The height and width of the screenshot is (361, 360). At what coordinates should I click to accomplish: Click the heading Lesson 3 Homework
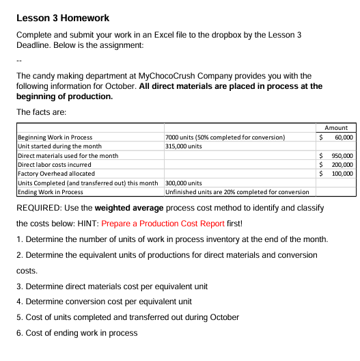click(x=62, y=18)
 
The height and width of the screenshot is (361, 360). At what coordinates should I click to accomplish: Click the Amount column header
click(x=336, y=128)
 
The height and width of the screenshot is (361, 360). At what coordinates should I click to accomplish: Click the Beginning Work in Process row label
click(x=55, y=137)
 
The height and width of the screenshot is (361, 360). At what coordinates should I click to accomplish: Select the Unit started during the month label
click(x=59, y=146)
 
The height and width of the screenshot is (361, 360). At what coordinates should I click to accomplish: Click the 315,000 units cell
click(x=184, y=146)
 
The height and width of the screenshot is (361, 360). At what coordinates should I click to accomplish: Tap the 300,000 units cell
click(x=184, y=183)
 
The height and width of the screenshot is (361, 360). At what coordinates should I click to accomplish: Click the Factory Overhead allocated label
click(x=56, y=174)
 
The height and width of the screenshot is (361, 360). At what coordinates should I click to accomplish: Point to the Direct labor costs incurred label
click(x=54, y=165)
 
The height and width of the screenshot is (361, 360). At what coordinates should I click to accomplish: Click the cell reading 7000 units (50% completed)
click(x=225, y=137)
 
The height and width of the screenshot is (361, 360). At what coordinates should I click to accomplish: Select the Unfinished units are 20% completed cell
click(x=237, y=192)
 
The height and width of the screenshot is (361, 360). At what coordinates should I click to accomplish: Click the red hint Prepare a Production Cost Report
click(x=158, y=224)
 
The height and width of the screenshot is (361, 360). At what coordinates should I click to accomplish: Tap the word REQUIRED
click(x=40, y=207)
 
